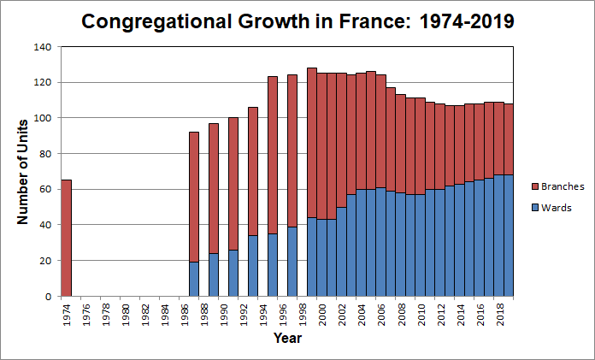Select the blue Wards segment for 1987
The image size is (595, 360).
[194, 279]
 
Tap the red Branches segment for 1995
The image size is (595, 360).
[273, 155]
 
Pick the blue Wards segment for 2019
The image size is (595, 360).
[509, 235]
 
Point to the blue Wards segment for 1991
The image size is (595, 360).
[233, 273]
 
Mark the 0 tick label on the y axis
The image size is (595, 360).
[48, 296]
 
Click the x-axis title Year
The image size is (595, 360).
[287, 338]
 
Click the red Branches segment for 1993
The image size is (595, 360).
[253, 171]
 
